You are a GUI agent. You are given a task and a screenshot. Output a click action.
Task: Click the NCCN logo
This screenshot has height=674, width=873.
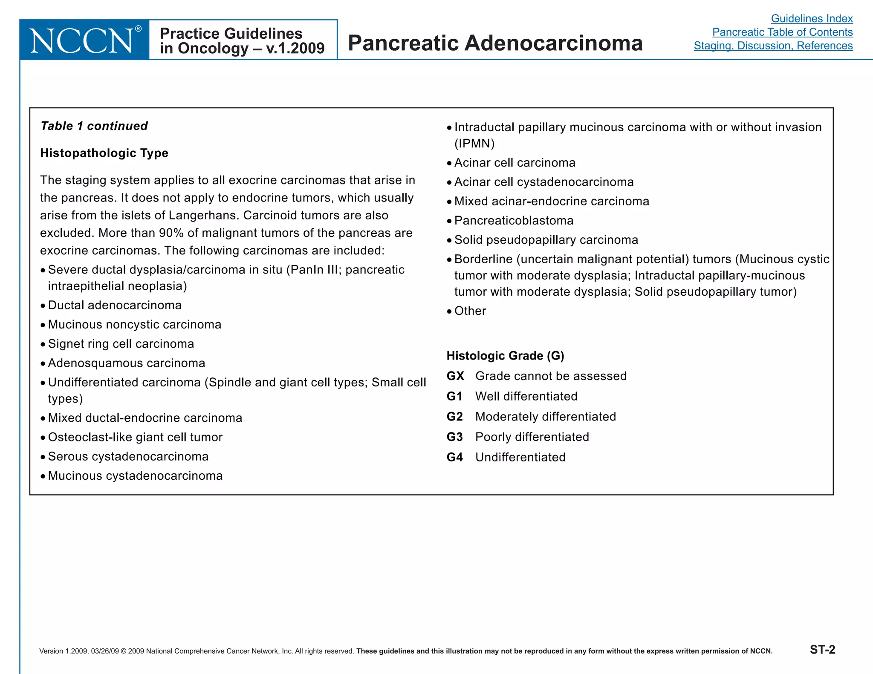point(84,40)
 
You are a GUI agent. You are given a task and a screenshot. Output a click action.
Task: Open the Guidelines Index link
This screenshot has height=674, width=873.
point(812,19)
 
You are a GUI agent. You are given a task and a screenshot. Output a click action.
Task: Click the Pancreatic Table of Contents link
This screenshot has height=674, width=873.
point(782,32)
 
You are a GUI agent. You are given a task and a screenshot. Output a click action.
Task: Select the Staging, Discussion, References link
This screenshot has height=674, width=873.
point(773,46)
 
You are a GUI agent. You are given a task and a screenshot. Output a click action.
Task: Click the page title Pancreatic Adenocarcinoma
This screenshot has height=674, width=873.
point(495,43)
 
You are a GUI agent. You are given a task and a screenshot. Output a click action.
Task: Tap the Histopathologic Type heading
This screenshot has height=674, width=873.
point(104,153)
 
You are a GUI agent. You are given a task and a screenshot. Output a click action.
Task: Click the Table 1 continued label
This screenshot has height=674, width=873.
point(94,126)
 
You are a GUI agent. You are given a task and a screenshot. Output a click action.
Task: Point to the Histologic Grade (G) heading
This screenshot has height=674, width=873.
point(505,356)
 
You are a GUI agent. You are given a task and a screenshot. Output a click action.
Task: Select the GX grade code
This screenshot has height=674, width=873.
point(455,376)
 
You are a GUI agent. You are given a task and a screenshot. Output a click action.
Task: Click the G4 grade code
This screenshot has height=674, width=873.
point(455,457)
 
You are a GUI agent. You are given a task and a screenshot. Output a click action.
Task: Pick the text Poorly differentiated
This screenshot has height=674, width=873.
point(532,437)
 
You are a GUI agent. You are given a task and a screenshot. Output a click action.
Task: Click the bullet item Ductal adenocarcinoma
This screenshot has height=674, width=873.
point(115,305)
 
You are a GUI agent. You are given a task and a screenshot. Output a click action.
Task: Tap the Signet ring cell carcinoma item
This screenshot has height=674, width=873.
point(121,344)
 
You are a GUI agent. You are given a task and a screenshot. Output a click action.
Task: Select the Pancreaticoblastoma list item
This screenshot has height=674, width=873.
point(514,221)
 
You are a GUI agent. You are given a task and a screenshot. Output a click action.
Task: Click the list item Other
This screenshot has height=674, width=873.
point(470,311)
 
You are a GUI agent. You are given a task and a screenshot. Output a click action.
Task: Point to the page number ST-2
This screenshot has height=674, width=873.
point(822,650)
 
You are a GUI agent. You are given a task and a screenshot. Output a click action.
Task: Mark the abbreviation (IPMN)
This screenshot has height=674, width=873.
point(474,144)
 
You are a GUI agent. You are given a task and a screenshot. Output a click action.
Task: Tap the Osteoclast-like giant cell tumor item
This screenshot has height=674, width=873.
point(135,438)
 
